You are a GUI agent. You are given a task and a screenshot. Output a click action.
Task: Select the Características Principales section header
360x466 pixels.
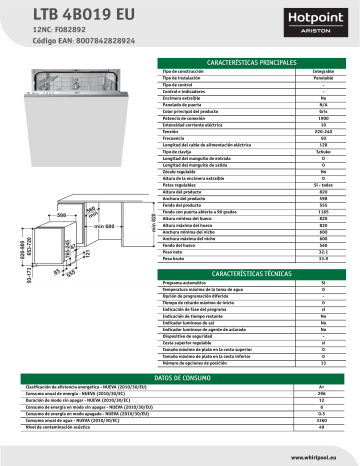click(x=252, y=62)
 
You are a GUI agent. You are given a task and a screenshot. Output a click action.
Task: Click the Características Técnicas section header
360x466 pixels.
click(x=252, y=245)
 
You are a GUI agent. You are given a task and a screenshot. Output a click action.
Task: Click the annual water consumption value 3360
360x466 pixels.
click(x=322, y=421)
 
